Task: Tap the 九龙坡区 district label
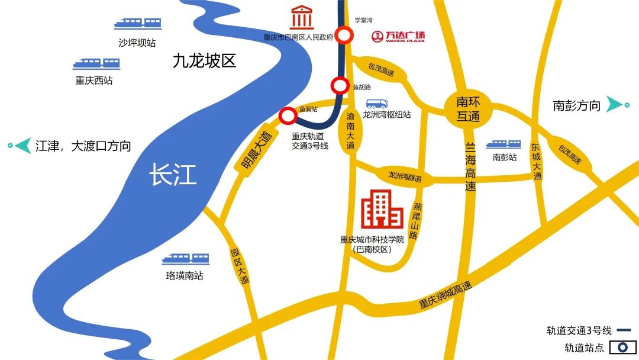pos(204,60)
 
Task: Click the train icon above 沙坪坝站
pos(137,24)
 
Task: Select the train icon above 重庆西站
pos(96,63)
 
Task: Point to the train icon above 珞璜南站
pos(185,259)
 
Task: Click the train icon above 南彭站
pos(504,144)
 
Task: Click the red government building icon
pos(302,18)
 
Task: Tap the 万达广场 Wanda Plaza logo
pos(398,37)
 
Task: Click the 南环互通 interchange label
pos(468,108)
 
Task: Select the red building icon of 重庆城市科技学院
pos(382,210)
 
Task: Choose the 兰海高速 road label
pos(470,165)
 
